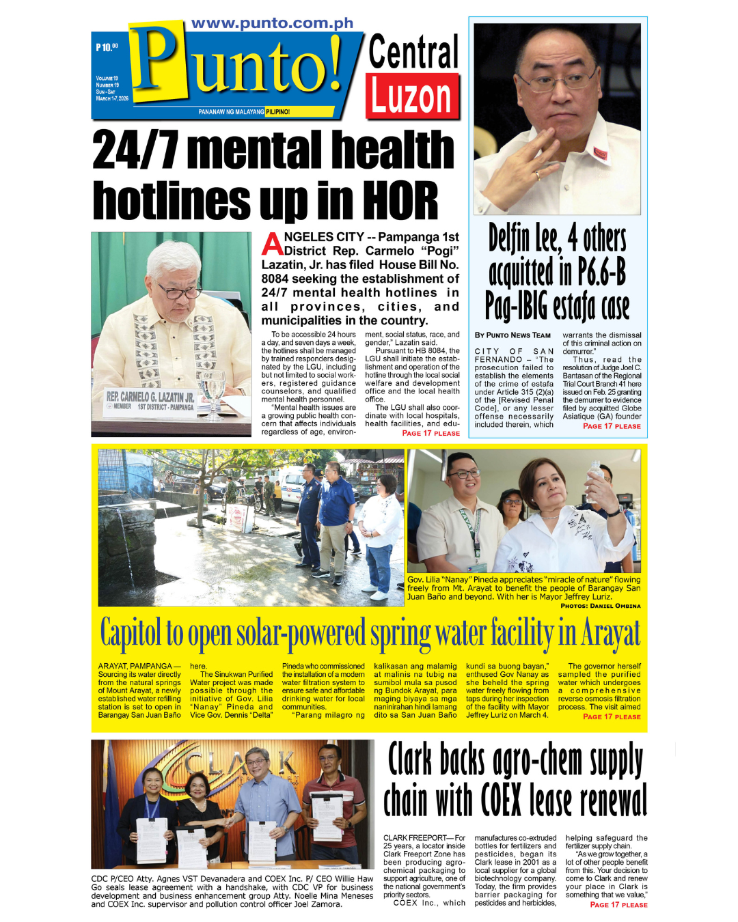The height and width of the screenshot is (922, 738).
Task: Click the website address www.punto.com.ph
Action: pos(272,23)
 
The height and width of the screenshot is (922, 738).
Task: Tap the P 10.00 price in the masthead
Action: pos(107,47)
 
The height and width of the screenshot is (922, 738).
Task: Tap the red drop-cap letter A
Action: pos(272,244)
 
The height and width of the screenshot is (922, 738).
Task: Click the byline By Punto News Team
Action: pos(512,335)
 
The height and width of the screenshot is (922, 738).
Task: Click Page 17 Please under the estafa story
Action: pos(611,426)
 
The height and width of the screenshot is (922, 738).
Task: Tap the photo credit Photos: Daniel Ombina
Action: pos(600,606)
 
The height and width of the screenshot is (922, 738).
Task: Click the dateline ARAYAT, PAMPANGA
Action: pos(135,666)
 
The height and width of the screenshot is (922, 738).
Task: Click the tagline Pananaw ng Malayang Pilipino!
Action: pos(243,112)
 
